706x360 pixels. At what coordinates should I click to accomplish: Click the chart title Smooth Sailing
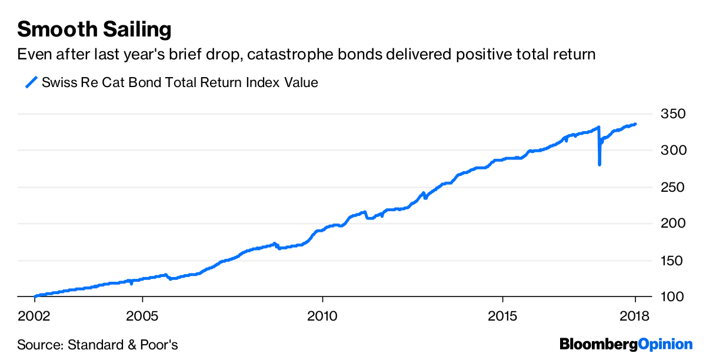click(x=95, y=29)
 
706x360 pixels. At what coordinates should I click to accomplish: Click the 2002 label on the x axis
click(x=35, y=316)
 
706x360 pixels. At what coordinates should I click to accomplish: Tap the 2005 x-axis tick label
click(x=142, y=316)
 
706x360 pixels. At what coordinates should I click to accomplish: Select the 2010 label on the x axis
click(x=322, y=316)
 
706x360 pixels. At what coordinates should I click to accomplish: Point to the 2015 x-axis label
click(x=502, y=316)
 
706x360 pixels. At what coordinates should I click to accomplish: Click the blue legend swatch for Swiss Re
click(x=31, y=82)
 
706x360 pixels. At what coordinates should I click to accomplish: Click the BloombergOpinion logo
click(x=626, y=344)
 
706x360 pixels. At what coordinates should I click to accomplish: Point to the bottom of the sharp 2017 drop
click(x=600, y=165)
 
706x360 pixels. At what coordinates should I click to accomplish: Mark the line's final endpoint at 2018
click(x=635, y=124)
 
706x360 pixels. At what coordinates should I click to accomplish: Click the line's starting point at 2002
click(x=35, y=296)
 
